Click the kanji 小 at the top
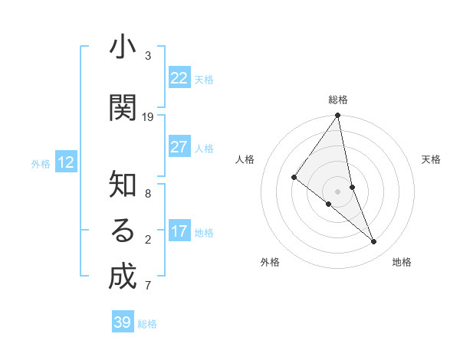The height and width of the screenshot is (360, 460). (122, 47)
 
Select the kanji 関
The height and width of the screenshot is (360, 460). (122, 108)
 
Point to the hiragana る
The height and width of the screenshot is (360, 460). (122, 231)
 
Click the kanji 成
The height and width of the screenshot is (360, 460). (122, 277)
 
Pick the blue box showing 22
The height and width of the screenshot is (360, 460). (179, 78)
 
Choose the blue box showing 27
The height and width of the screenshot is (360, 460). (179, 147)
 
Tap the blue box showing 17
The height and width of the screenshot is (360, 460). (179, 231)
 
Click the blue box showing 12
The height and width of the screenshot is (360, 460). (65, 162)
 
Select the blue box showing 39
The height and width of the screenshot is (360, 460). (122, 322)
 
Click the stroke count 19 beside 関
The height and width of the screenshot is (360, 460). (148, 117)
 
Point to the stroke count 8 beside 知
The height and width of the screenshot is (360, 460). (148, 194)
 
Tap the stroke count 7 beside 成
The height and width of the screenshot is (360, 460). (148, 286)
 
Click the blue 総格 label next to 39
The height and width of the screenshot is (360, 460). (147, 324)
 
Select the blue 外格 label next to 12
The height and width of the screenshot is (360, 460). (41, 163)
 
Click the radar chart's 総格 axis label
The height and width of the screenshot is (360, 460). (338, 100)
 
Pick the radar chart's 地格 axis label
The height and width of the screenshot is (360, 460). (402, 262)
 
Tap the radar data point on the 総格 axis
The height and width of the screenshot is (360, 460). (338, 116)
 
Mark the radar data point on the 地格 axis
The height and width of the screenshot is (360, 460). (374, 241)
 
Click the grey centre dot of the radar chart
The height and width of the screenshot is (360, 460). (338, 191)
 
